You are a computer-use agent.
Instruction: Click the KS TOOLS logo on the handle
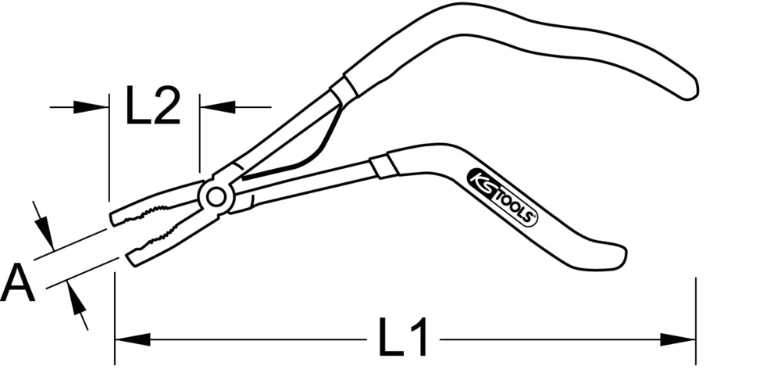click(503, 197)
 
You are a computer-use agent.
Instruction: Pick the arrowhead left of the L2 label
click(93, 106)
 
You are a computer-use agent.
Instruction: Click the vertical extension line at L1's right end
click(695, 321)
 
